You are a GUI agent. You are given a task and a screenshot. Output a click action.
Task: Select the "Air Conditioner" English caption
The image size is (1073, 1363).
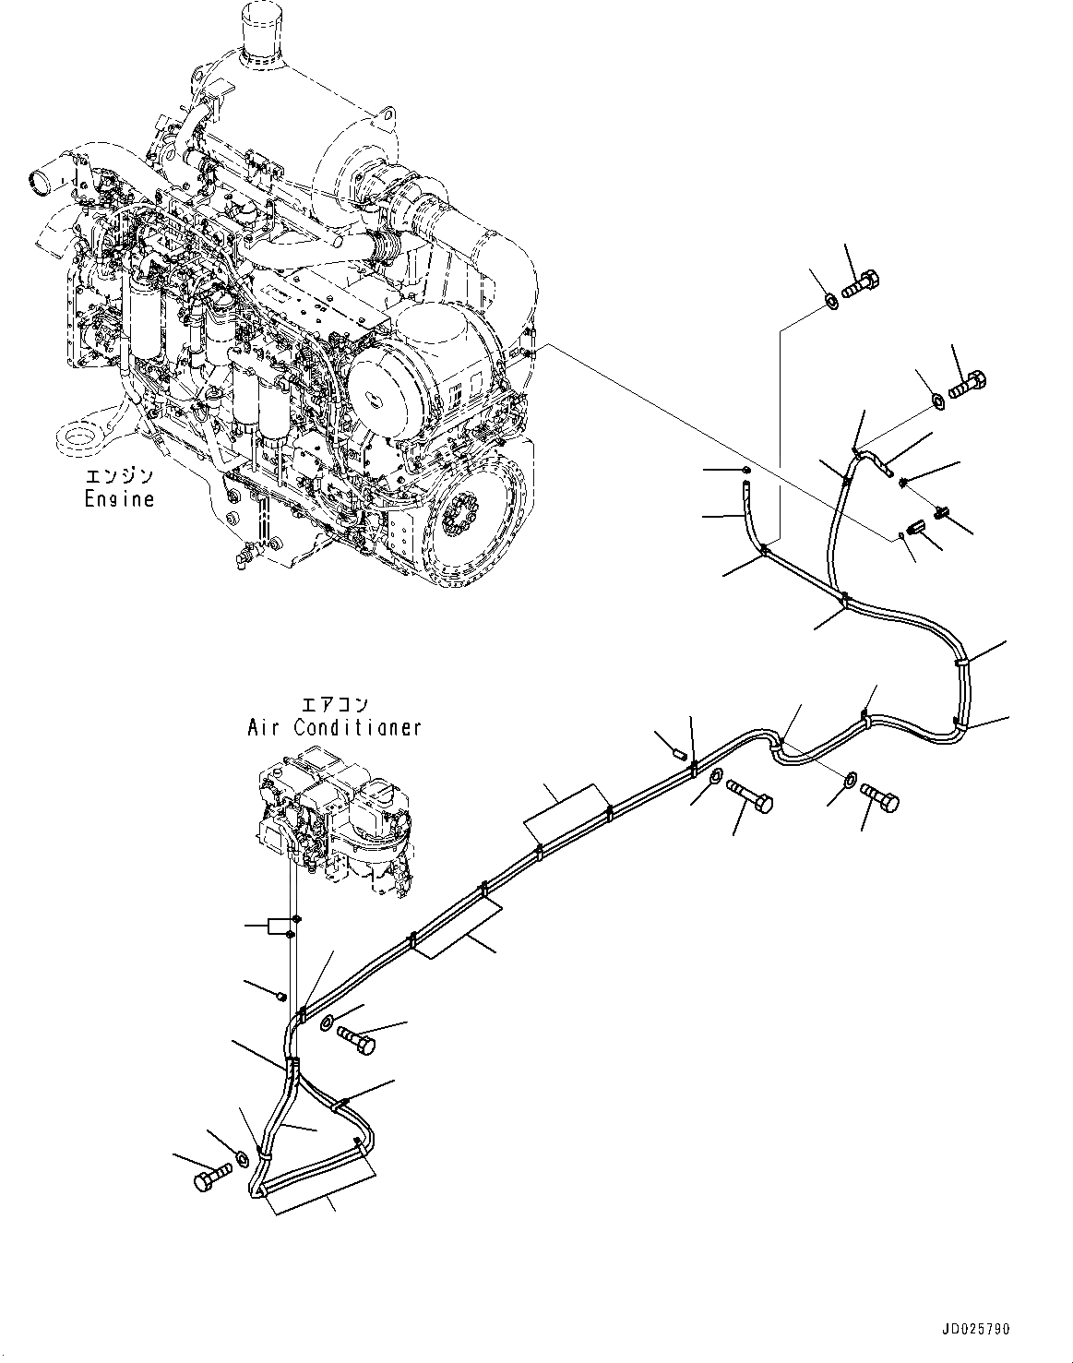[333, 727]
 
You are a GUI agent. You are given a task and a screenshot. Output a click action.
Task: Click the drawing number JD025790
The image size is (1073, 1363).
[977, 1330]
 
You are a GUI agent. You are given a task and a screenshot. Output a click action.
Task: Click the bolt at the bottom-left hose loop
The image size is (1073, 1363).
[209, 1179]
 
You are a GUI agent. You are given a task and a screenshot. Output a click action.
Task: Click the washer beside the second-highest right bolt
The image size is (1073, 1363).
[936, 400]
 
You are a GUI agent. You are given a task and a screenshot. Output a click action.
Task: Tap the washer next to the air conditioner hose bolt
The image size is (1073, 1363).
[327, 1022]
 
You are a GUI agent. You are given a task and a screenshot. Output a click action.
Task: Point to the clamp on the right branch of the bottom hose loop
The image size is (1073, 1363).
[340, 1102]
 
